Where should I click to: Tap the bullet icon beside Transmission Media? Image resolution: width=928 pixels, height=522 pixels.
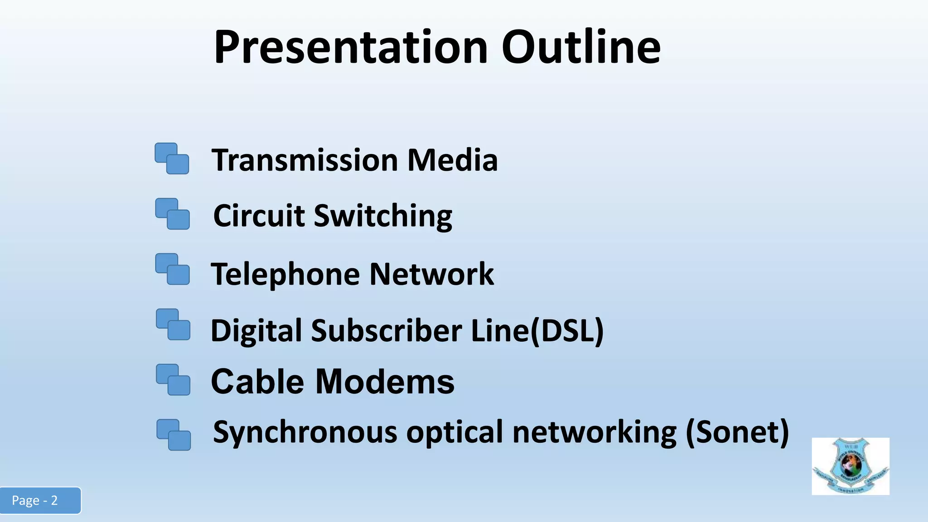pos(172,159)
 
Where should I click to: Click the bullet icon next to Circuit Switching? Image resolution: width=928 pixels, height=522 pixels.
pos(172,214)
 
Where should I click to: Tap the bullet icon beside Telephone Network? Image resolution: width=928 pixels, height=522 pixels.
pos(172,269)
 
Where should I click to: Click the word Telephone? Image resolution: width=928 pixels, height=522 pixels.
pos(285,275)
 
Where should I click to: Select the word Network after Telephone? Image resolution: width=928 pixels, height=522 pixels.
pos(431,274)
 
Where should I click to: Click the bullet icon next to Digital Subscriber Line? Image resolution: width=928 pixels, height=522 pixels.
pos(173,324)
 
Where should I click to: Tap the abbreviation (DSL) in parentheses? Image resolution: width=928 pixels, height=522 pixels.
pos(566,330)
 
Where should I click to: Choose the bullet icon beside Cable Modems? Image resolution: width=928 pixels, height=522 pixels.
pos(173,380)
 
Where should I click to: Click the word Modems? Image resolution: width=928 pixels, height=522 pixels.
pos(385,382)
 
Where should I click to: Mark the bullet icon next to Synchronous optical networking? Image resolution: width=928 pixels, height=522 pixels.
pos(173,435)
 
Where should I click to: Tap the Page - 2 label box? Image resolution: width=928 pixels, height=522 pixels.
pos(40,500)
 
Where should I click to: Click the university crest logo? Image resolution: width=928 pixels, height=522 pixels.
pos(850,466)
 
